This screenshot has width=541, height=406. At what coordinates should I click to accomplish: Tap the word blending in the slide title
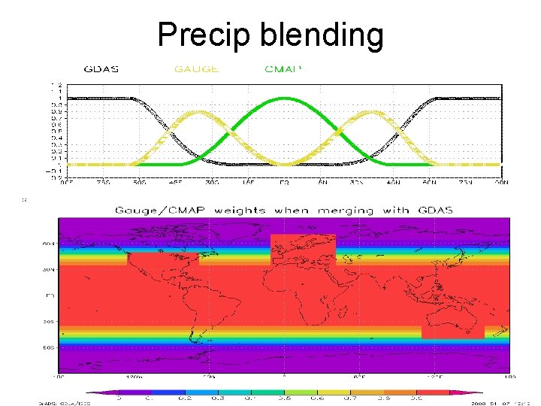pos(322,35)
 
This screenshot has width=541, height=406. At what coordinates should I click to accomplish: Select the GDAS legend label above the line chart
pos(101,69)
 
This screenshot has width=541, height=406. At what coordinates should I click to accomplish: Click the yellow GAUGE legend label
pos(196,69)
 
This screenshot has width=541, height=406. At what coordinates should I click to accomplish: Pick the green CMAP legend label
pos(283,69)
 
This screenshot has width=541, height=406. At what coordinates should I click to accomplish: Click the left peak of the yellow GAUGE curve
pos(197,112)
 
